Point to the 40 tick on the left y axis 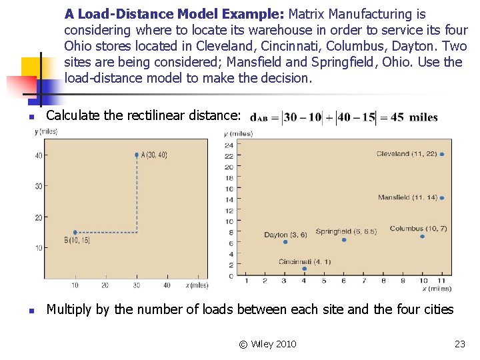tap(39, 155)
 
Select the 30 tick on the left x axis tap(137, 285)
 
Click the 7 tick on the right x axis tap(364, 281)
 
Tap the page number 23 tap(459, 344)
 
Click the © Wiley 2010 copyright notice tap(267, 344)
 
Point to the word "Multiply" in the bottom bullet tap(69, 309)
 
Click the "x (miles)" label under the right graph tap(436, 289)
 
